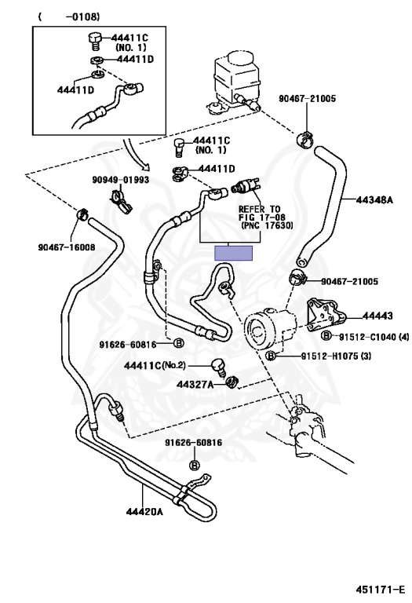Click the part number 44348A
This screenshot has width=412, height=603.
point(374,200)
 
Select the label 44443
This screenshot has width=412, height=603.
point(377,316)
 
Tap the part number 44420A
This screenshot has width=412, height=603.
point(144,512)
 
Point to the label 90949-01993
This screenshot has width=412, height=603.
point(121,180)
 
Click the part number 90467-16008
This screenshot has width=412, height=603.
point(67,247)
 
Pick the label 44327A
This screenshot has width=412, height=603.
point(195,384)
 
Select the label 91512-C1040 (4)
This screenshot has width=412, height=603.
point(374,338)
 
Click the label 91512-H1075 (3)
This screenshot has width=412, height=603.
point(336,356)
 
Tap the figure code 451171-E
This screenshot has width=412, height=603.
point(380,590)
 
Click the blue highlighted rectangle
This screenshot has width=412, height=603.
point(233,253)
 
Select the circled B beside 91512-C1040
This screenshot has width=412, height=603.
point(326,336)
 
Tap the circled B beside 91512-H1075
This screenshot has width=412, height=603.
point(272,356)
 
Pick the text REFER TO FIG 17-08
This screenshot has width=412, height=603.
point(260,214)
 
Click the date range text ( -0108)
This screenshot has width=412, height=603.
point(69,17)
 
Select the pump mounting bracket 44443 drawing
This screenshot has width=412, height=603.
point(326,315)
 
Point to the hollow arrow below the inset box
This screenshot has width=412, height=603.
point(135,155)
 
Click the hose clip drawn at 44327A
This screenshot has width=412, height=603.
point(232,382)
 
